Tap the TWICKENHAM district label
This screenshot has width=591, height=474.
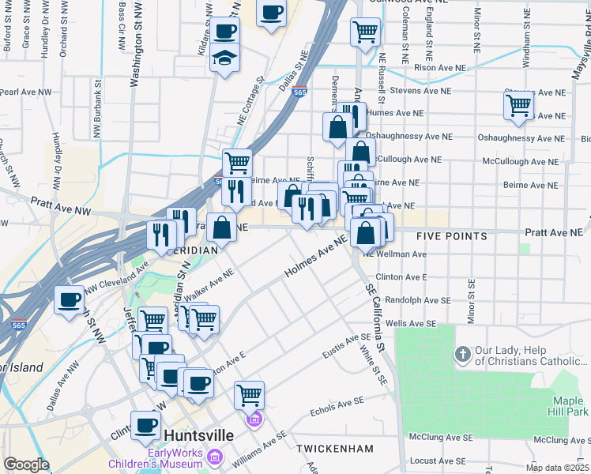pos(335,449)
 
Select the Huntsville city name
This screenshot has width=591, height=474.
pos(200,435)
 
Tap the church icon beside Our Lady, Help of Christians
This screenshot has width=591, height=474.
pos(461,353)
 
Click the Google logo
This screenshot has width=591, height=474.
pos(26,465)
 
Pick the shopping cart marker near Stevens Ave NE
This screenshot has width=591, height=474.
pos(518,104)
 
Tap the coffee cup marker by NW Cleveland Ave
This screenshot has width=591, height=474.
pos(69,299)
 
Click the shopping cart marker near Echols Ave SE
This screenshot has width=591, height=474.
pos(249,393)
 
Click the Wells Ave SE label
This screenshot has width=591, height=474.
pos(411,323)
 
